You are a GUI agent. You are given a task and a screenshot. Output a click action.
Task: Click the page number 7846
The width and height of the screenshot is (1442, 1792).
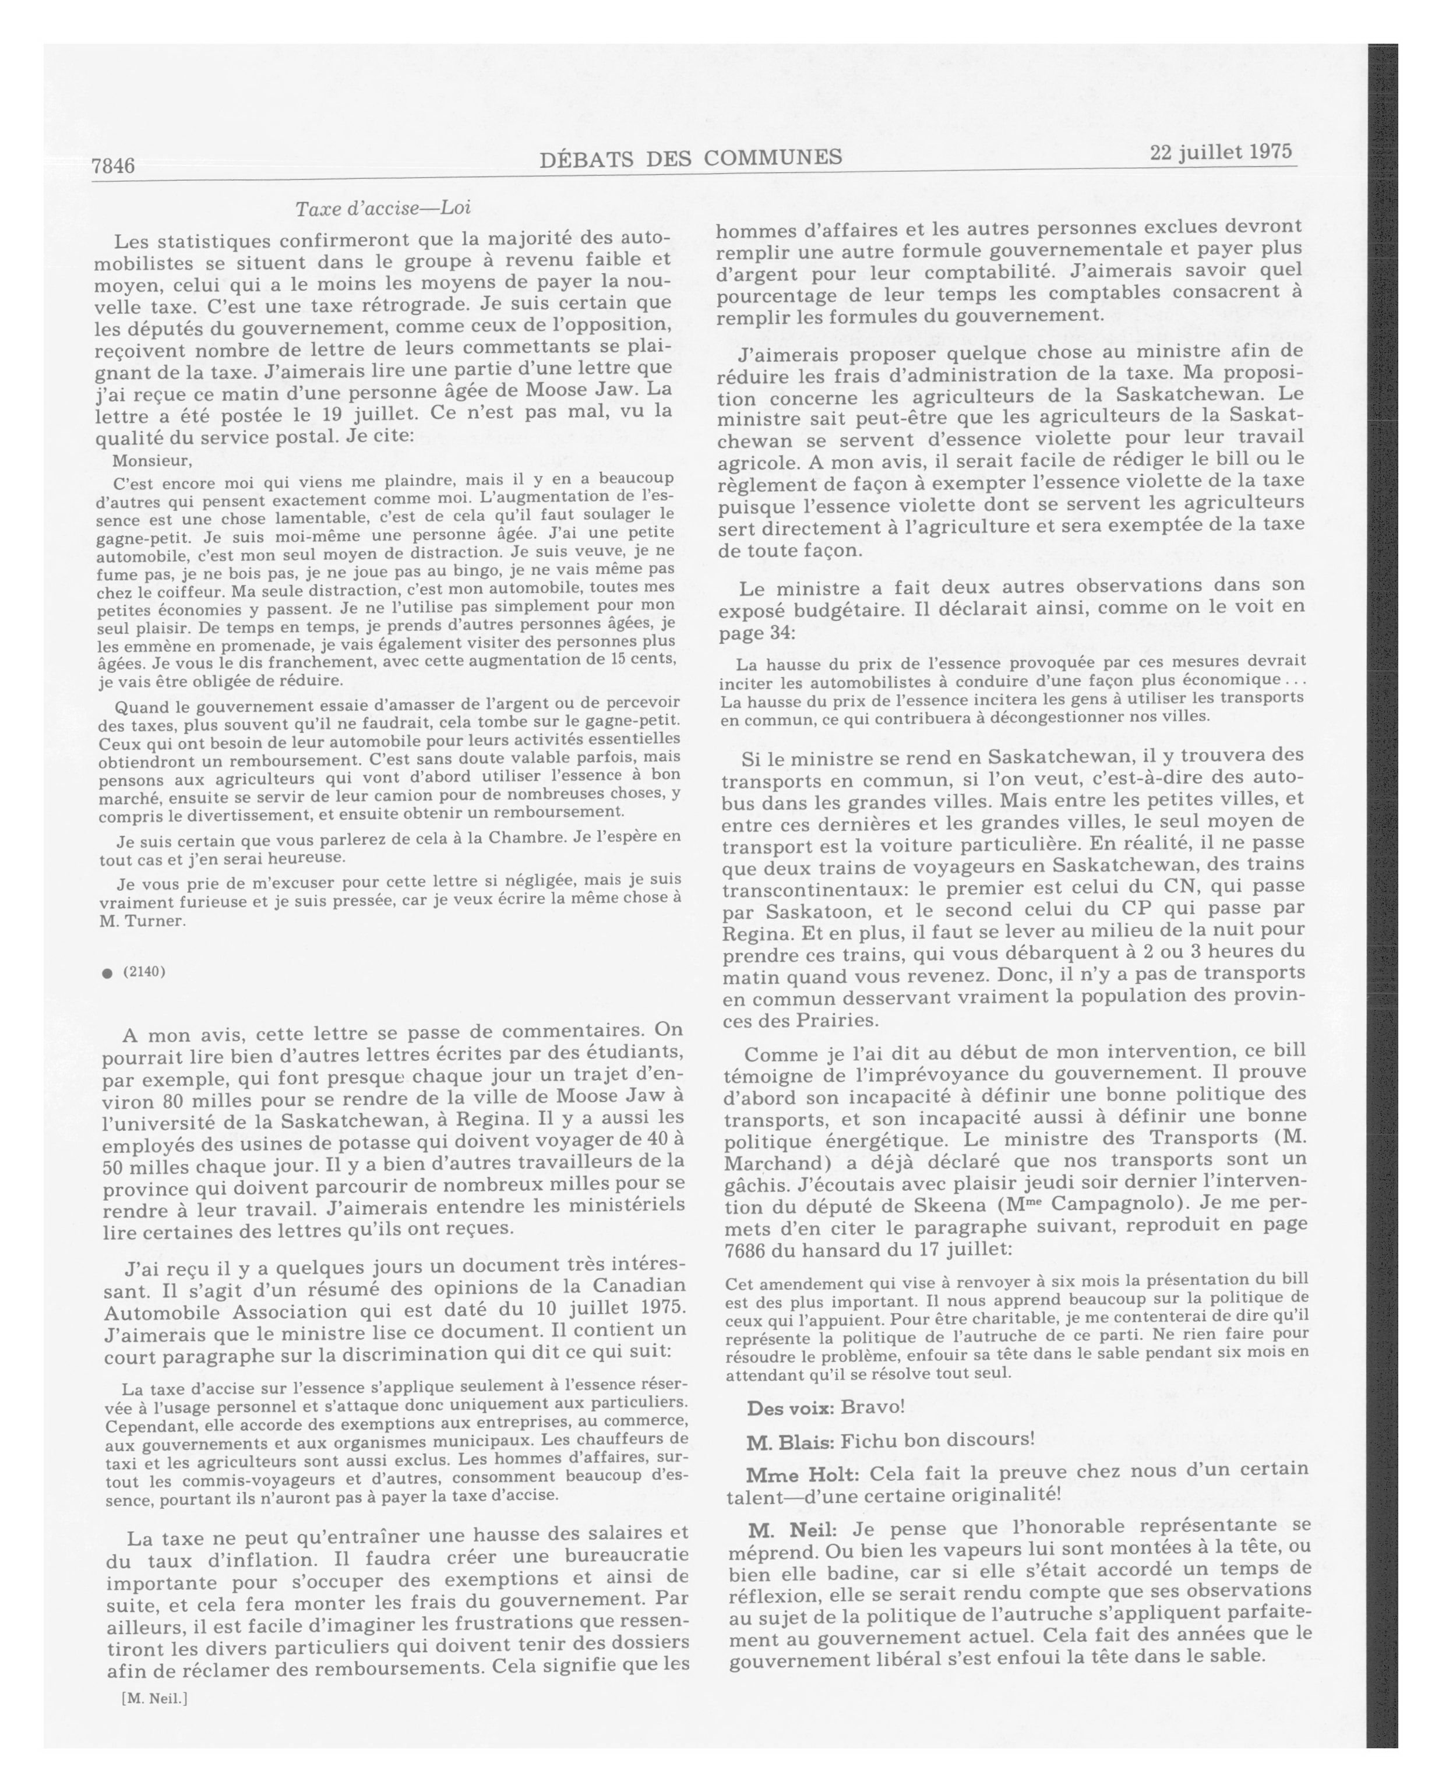click(113, 165)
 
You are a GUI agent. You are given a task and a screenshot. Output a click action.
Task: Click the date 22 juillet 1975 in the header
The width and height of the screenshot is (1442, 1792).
click(1221, 152)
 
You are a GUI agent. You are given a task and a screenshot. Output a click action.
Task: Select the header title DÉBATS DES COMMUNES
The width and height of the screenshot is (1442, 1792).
click(690, 157)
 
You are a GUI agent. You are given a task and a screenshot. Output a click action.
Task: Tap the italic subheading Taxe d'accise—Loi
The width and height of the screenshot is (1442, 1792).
click(383, 208)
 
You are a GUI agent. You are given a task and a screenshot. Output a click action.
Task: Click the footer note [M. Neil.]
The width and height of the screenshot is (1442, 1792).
click(154, 1698)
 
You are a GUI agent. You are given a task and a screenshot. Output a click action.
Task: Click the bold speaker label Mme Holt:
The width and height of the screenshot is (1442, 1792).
click(802, 1474)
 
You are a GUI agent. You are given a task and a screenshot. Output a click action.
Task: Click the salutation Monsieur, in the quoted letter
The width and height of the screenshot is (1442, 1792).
click(152, 460)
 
